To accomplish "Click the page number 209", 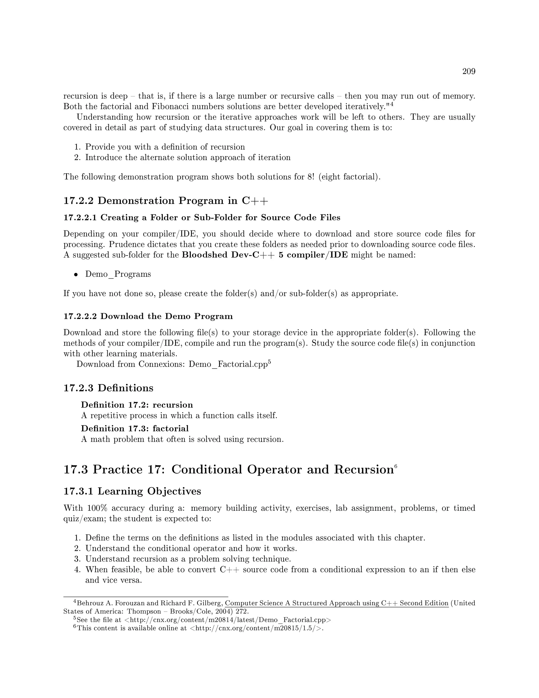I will [x=468, y=71].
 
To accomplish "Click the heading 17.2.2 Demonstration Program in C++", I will [x=166, y=201].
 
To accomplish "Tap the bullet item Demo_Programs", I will [x=118, y=274].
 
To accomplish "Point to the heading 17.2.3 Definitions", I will [x=108, y=388].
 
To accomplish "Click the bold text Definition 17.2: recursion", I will [x=137, y=405].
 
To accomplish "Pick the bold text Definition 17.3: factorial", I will [x=134, y=429].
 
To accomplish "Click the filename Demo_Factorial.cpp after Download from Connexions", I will [x=228, y=364].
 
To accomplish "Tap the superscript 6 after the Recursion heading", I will [x=396, y=467].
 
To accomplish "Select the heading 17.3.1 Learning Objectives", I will [x=132, y=491].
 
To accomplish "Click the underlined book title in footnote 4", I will [x=337, y=603].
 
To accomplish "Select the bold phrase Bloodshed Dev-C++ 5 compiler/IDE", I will [x=264, y=255].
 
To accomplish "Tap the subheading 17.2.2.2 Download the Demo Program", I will [x=148, y=316].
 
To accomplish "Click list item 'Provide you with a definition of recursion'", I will [x=165, y=147].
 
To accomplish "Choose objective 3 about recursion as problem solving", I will [x=188, y=559].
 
